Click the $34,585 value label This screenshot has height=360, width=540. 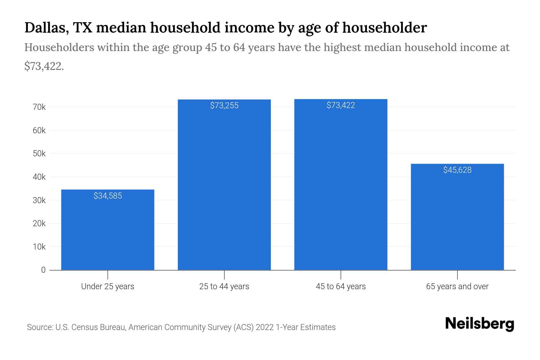point(108,196)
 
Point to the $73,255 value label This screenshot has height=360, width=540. point(224,106)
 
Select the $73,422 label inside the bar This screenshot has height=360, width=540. point(340,105)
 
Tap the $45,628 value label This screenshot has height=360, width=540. point(457,170)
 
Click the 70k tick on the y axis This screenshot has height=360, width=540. point(39,107)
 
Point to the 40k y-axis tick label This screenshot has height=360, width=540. point(39,177)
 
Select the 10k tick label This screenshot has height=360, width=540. point(39,247)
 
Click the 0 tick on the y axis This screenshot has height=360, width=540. point(43,270)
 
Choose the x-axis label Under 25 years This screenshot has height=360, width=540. point(107,286)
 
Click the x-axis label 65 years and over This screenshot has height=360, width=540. point(457,286)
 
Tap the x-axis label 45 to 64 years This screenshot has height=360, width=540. point(340,286)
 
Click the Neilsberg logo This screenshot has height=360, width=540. point(479,324)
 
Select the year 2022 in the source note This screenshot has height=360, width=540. point(265,327)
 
